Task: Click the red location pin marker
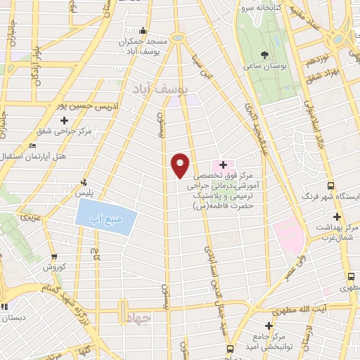coord(181,165)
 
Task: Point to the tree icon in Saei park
coord(264,54)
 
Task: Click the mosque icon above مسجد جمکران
coord(143,30)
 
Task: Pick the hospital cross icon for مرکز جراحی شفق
coord(65,120)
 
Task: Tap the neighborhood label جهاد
coord(139,318)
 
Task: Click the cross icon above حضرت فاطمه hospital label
coord(223,164)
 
